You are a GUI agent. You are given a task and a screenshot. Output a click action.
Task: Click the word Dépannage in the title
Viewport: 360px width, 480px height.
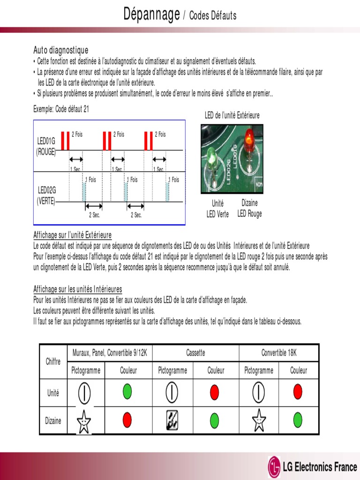pos(151,15)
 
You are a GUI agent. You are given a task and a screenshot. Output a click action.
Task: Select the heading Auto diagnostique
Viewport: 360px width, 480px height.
pos(60,50)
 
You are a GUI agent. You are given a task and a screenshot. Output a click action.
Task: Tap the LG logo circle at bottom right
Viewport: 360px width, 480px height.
pos(275,467)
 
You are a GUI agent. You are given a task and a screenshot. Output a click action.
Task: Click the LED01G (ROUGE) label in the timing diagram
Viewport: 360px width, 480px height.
pos(46,145)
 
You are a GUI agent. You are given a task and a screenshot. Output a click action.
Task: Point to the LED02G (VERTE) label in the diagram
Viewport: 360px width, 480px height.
pos(46,195)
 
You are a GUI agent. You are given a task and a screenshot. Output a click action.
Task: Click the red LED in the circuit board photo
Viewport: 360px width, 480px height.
pos(248,138)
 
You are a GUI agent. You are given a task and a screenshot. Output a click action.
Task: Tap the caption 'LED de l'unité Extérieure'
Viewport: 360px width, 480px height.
pos(232,115)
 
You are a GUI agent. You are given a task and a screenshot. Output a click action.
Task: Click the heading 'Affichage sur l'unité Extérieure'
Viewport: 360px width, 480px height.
pos(72,235)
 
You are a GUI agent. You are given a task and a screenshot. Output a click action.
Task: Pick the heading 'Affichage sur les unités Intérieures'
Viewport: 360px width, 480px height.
pos(77,289)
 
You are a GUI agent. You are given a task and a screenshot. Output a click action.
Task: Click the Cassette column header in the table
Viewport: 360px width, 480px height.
pos(195,353)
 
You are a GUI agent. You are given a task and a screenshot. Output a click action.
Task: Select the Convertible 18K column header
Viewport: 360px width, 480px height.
pos(279,353)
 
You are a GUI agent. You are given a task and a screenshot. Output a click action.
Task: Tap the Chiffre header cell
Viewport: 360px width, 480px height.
pos(53,361)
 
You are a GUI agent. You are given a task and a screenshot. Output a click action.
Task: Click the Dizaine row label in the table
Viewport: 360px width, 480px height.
pos(53,420)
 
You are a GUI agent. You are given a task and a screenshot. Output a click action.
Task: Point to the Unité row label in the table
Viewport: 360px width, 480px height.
pos(53,393)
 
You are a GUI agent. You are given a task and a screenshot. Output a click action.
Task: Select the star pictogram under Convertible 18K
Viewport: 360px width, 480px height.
pos(259,420)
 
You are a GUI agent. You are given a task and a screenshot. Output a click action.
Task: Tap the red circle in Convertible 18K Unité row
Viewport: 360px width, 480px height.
pos(298,392)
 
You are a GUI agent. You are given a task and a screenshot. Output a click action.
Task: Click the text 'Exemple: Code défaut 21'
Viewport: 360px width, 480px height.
pos(61,109)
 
